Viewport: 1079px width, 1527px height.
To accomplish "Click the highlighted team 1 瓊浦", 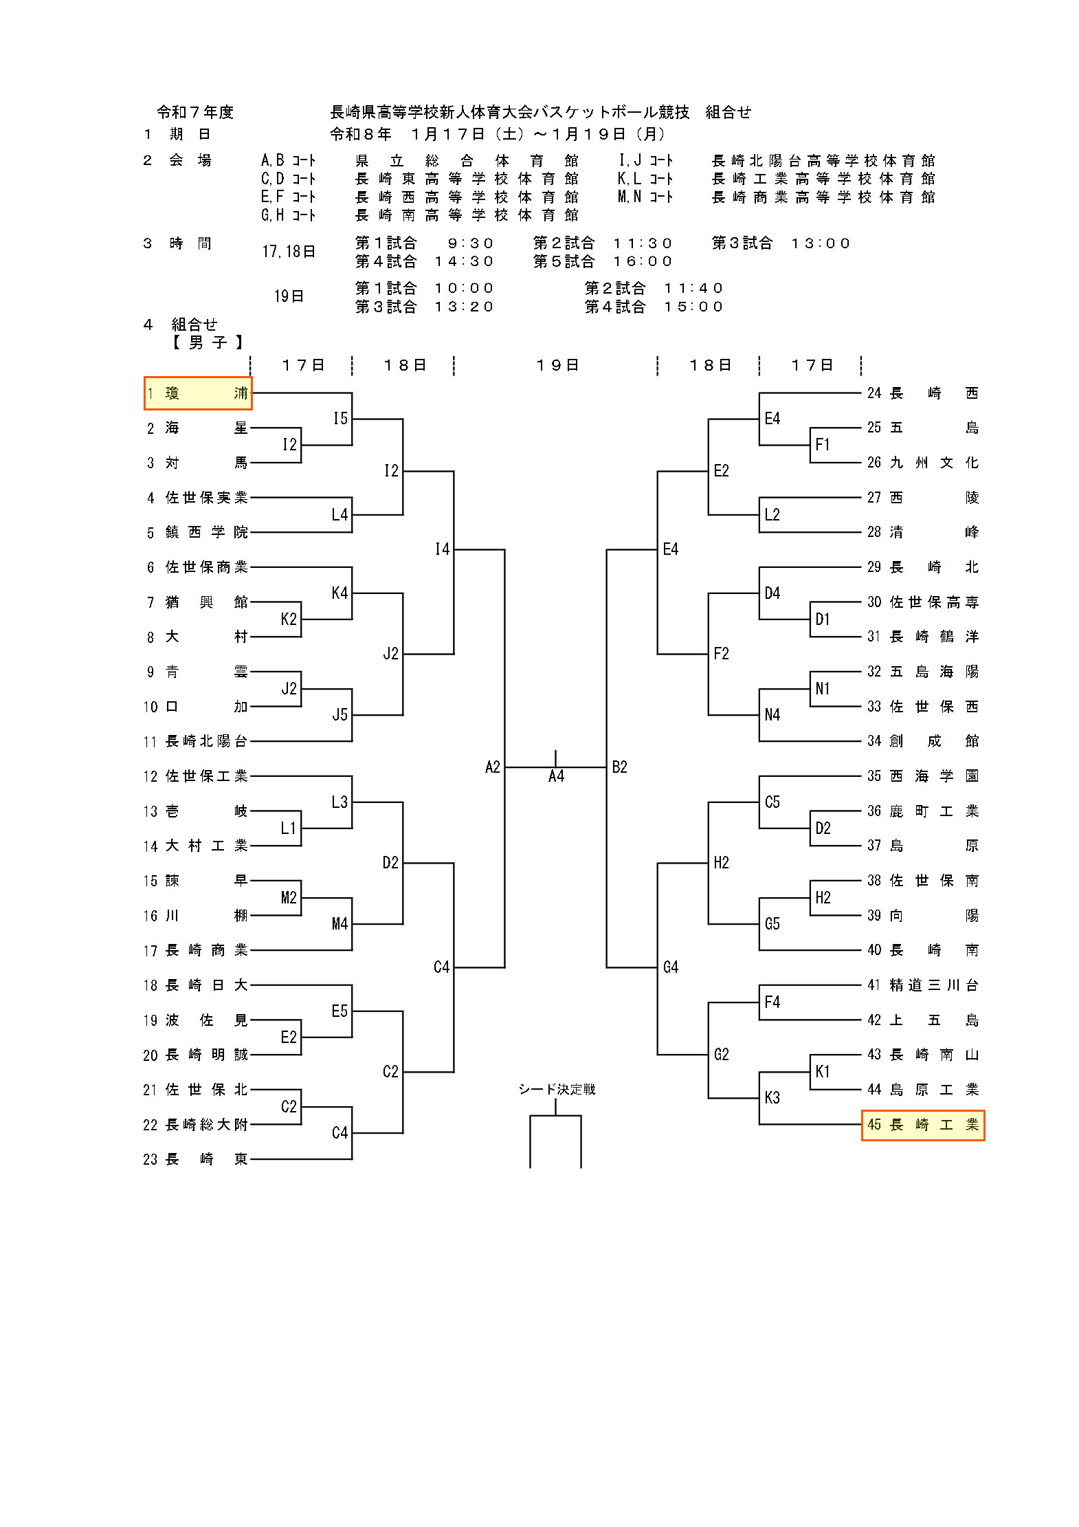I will pyautogui.click(x=198, y=393).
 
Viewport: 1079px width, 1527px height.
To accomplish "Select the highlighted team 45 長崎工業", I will pyautogui.click(x=922, y=1125).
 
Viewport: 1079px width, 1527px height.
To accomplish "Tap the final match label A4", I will pyautogui.click(x=556, y=777).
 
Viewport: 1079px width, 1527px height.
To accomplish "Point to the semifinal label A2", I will pyautogui.click(x=493, y=767).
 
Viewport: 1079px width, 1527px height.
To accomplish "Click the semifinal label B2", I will pyautogui.click(x=619, y=767).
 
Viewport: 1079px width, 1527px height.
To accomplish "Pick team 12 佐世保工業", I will pyautogui.click(x=197, y=776).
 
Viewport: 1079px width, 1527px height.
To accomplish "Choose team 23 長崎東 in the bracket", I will pyautogui.click(x=197, y=1159).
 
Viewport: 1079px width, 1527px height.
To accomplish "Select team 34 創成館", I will pyautogui.click(x=922, y=741).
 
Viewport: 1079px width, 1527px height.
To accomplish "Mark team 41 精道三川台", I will pyautogui.click(x=922, y=985).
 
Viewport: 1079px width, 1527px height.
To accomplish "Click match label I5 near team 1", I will pyautogui.click(x=340, y=419).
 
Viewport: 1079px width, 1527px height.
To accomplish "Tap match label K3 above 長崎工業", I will pyautogui.click(x=772, y=1098).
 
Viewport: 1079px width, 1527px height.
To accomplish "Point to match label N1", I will pyautogui.click(x=823, y=689).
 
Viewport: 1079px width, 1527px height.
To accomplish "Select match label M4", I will pyautogui.click(x=340, y=924).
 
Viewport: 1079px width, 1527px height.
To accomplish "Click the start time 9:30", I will pyautogui.click(x=471, y=243).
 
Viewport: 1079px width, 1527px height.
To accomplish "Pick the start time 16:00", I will pyautogui.click(x=643, y=262).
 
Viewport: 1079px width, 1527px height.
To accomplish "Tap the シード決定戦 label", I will pyautogui.click(x=557, y=1089).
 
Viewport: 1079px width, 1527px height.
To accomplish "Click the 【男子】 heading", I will pyautogui.click(x=207, y=342).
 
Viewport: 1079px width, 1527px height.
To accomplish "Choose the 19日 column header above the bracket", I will pyautogui.click(x=557, y=365).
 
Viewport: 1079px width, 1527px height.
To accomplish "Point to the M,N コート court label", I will pyautogui.click(x=645, y=197).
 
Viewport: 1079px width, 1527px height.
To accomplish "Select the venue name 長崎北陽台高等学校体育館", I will pyautogui.click(x=823, y=161).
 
